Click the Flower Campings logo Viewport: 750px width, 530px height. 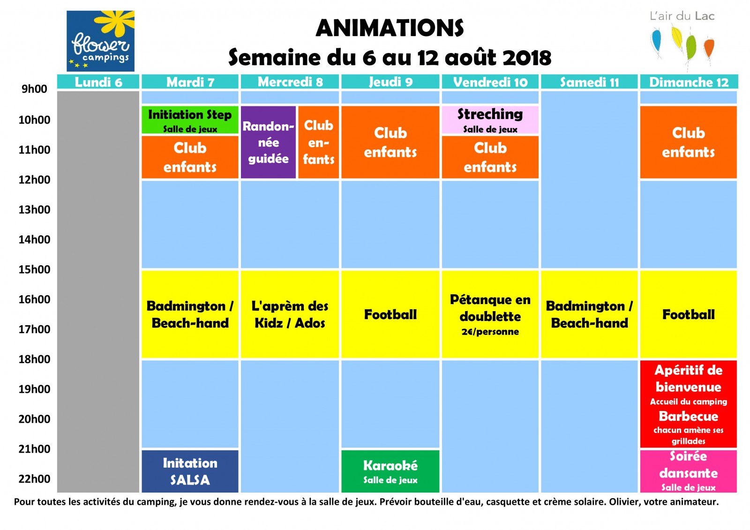[x=100, y=41]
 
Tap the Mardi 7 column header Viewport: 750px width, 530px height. [x=190, y=82]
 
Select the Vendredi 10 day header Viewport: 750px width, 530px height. [x=490, y=82]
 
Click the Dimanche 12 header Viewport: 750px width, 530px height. [x=689, y=82]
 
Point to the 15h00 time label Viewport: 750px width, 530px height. [x=35, y=269]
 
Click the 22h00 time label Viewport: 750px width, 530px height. [x=35, y=479]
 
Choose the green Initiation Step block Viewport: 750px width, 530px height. [x=190, y=120]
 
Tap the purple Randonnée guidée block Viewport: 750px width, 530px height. [x=268, y=142]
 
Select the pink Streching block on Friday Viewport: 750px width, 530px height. [x=490, y=120]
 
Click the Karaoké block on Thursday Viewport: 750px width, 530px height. [x=390, y=471]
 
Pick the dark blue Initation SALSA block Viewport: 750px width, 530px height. [x=190, y=471]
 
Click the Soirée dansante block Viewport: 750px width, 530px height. [x=689, y=471]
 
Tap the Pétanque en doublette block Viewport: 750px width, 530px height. [x=490, y=314]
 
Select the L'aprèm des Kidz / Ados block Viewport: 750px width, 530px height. [x=290, y=314]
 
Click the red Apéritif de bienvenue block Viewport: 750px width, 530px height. [x=689, y=404]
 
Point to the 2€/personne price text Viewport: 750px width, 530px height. [x=490, y=332]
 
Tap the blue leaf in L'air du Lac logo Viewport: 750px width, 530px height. [x=657, y=42]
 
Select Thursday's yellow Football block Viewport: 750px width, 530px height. [x=390, y=314]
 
